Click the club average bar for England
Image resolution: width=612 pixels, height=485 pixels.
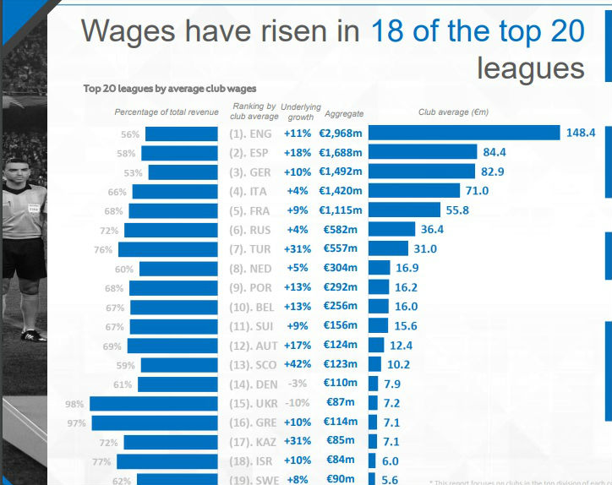coord(464,133)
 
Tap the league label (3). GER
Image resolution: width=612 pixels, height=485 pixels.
coord(249,172)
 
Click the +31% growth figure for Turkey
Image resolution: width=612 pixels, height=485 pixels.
coord(297,249)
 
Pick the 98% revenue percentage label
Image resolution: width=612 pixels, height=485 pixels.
coord(76,404)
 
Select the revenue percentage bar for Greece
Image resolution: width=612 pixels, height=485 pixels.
coord(154,422)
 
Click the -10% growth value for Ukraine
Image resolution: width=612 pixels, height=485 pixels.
coord(298,403)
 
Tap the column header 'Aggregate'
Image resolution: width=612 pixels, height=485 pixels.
coord(343,113)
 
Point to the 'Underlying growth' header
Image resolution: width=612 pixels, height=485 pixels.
coord(301,112)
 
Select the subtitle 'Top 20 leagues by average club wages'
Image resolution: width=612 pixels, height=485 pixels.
coord(169,88)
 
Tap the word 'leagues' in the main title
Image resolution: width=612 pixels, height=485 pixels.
coord(530,68)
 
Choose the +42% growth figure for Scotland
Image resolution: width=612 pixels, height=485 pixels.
coord(297,364)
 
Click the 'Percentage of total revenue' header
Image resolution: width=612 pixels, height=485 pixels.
coord(167,112)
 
